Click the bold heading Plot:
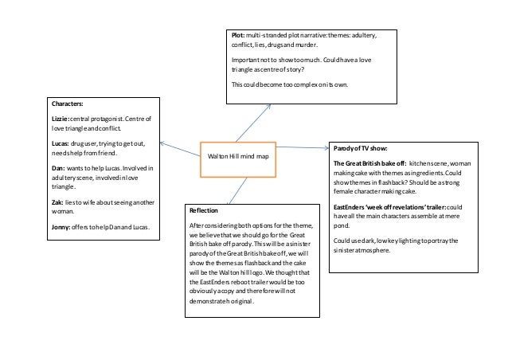[238, 37]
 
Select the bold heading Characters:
[67, 104]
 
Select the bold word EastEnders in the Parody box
[351, 205]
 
